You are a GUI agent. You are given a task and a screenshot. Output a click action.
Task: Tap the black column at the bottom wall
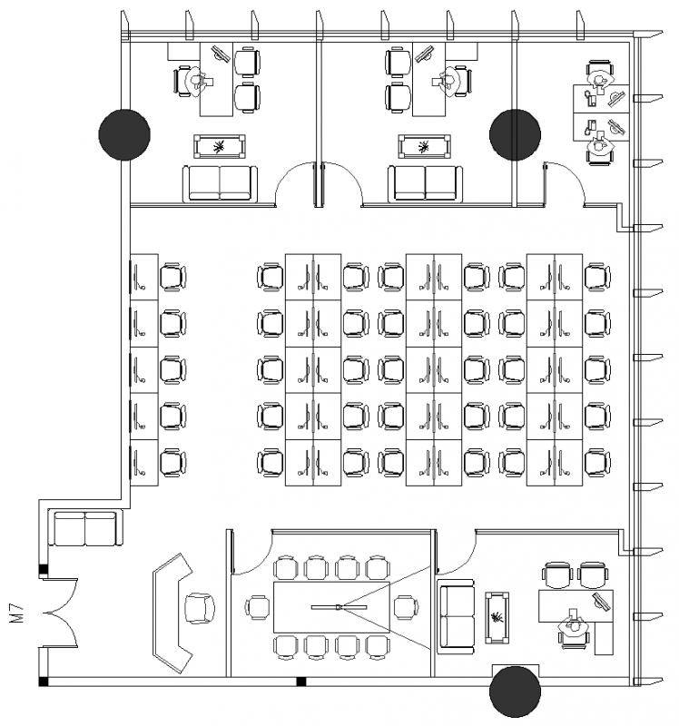click(x=516, y=692)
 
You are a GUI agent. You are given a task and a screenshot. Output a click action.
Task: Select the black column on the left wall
click(x=124, y=134)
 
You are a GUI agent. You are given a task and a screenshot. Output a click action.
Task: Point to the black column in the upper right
click(x=516, y=134)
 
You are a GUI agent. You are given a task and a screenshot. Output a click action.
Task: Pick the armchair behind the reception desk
click(x=200, y=607)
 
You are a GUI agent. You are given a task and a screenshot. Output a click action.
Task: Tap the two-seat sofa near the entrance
click(x=85, y=529)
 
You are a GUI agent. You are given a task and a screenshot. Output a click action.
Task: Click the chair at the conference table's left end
click(x=259, y=606)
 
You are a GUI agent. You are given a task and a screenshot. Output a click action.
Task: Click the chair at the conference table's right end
click(x=404, y=606)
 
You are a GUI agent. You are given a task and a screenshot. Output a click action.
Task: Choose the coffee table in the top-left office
click(x=220, y=146)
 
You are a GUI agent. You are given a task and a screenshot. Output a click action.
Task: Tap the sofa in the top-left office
click(x=220, y=183)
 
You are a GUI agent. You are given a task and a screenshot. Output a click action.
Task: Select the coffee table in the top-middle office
click(x=425, y=146)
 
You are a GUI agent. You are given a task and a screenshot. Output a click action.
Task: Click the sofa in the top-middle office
click(x=425, y=183)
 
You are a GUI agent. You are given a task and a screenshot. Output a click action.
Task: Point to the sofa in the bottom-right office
click(x=457, y=617)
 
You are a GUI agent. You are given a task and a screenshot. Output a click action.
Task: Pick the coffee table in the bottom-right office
click(x=497, y=619)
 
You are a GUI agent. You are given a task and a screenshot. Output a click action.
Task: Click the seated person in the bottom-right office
click(x=574, y=627)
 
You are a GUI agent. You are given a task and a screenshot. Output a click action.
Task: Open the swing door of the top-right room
click(x=564, y=181)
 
